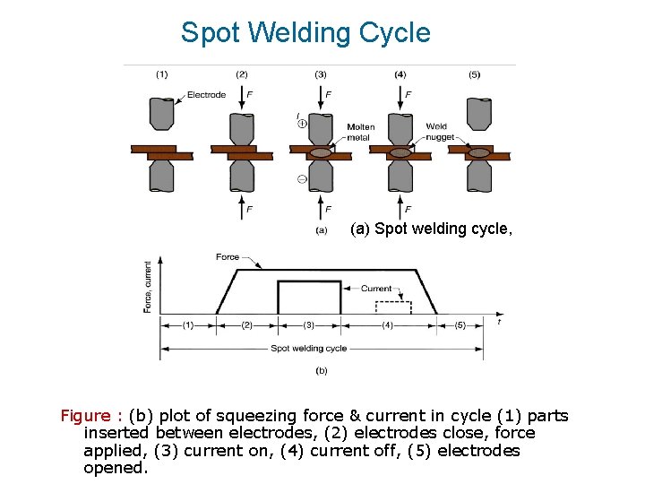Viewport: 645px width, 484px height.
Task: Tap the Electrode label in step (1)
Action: coord(206,95)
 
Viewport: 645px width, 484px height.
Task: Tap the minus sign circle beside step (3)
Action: coord(302,179)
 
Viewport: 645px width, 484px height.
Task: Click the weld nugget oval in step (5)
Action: coord(479,152)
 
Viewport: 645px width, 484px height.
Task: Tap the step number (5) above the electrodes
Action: coord(474,74)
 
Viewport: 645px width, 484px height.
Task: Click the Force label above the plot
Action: coord(228,256)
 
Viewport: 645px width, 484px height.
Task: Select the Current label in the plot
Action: coord(376,289)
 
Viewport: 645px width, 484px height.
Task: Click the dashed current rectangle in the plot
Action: coord(393,307)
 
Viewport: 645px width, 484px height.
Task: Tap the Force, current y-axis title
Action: coord(149,287)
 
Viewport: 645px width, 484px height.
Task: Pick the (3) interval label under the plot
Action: coord(309,325)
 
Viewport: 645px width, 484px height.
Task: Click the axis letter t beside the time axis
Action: coord(499,321)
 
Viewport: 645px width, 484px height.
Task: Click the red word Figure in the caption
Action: coord(86,416)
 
